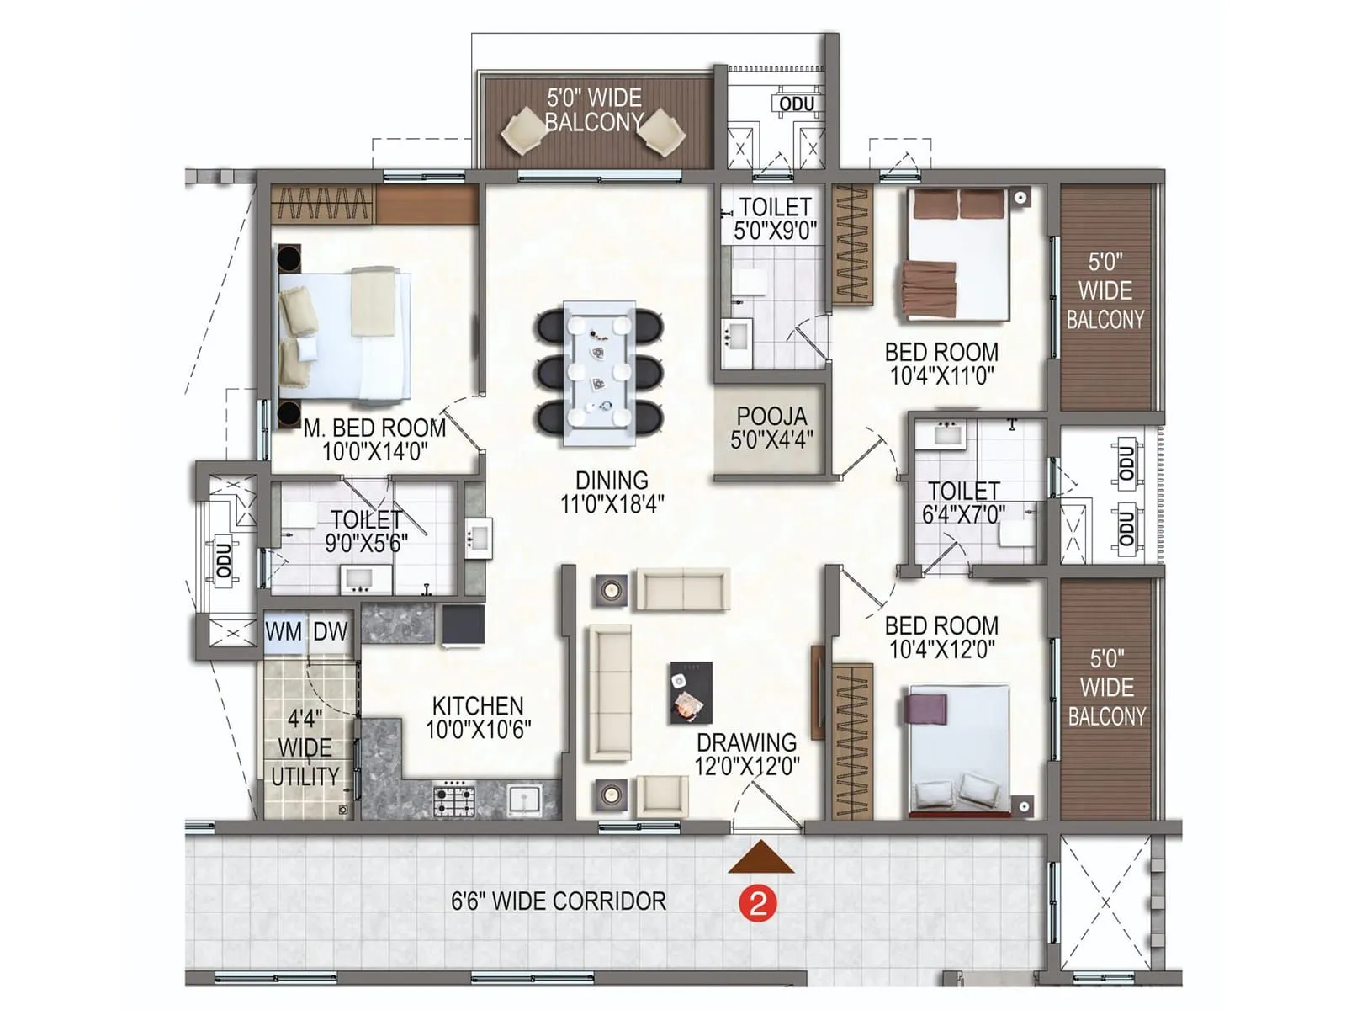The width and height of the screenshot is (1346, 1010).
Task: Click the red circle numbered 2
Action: (x=758, y=904)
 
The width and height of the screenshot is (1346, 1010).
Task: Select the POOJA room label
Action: (x=771, y=417)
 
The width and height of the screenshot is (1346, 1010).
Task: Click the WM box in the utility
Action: (x=284, y=631)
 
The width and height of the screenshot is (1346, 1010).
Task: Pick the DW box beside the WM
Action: (x=331, y=631)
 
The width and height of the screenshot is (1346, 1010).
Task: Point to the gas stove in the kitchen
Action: (x=453, y=798)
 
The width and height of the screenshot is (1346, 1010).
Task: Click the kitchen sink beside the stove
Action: (x=524, y=799)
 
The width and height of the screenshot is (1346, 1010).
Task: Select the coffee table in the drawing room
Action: (x=691, y=693)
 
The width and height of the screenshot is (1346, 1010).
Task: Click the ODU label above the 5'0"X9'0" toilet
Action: (x=797, y=104)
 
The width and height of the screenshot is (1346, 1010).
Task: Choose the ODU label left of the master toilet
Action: (x=224, y=560)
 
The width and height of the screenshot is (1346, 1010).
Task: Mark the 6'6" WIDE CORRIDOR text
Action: (x=559, y=901)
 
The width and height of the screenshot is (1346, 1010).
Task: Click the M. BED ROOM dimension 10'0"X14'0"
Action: (x=375, y=452)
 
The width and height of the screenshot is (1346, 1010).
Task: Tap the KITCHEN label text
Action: (x=478, y=705)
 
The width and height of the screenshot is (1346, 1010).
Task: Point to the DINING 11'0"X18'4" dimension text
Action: (x=612, y=504)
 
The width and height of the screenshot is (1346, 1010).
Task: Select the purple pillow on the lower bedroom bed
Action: (x=926, y=708)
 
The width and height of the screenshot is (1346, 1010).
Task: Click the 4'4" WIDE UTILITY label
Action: (x=305, y=747)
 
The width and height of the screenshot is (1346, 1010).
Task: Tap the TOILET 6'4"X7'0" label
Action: (x=963, y=502)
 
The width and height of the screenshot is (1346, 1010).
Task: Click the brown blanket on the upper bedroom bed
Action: (x=930, y=287)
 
